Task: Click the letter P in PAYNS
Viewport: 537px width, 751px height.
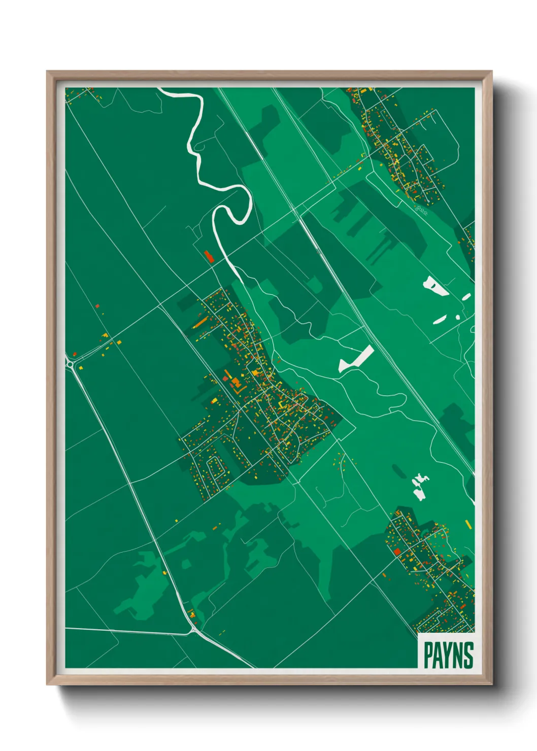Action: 428,655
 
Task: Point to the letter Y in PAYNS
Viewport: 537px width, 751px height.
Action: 447,655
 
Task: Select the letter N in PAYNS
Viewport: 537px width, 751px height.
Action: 458,655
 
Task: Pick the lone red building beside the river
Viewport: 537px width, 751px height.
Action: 209,256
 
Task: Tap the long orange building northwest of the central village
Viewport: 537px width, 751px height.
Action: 200,323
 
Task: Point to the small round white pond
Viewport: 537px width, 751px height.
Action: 457,317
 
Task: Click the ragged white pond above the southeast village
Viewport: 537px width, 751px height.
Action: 419,486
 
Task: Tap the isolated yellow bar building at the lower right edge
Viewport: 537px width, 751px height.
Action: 467,524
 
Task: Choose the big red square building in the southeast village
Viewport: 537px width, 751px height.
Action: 397,551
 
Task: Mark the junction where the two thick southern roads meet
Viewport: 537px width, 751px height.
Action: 193,631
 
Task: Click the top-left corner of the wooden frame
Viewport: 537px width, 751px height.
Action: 48,72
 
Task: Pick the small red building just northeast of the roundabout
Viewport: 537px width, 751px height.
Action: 75,354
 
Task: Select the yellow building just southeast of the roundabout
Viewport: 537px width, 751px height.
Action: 81,367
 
